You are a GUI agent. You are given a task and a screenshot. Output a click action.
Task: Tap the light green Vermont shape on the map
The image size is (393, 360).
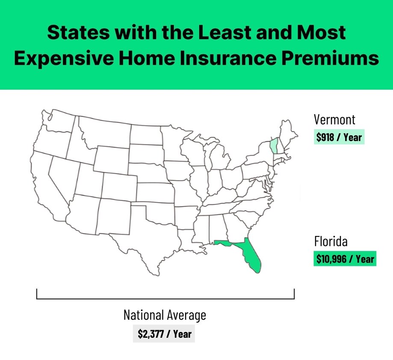[273, 147]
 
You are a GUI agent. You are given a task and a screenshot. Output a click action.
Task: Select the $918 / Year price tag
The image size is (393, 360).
[339, 138]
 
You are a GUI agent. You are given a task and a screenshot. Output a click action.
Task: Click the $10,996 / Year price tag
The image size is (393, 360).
[345, 259]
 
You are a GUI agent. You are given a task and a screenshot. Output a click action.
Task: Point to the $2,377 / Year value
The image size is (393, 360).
[164, 333]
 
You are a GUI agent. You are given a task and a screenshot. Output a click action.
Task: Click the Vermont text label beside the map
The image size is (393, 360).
[334, 119]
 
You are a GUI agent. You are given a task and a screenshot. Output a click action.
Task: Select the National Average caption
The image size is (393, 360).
[165, 316]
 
